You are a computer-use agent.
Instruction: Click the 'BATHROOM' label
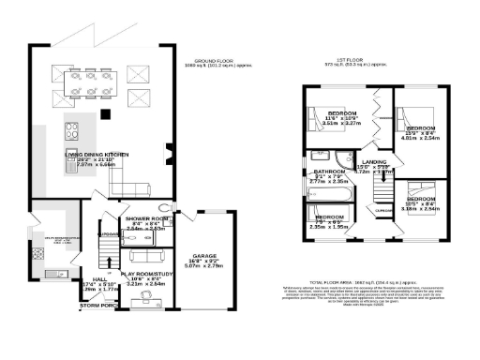pos(330,172)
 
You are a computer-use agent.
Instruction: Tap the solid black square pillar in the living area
pos(107,114)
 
